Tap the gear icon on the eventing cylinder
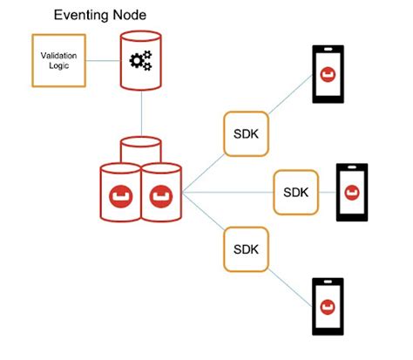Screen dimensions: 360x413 (x=140, y=62)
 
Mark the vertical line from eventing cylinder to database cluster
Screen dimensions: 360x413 (x=140, y=114)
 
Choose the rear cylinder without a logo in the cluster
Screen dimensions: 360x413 (x=140, y=148)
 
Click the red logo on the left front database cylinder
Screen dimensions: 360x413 (x=120, y=193)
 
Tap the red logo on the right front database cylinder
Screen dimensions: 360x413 (x=161, y=193)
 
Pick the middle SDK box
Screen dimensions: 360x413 (x=295, y=192)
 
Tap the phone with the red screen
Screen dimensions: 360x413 (x=351, y=192)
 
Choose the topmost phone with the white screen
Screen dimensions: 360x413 (x=328, y=74)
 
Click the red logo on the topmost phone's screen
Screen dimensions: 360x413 (x=328, y=74)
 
